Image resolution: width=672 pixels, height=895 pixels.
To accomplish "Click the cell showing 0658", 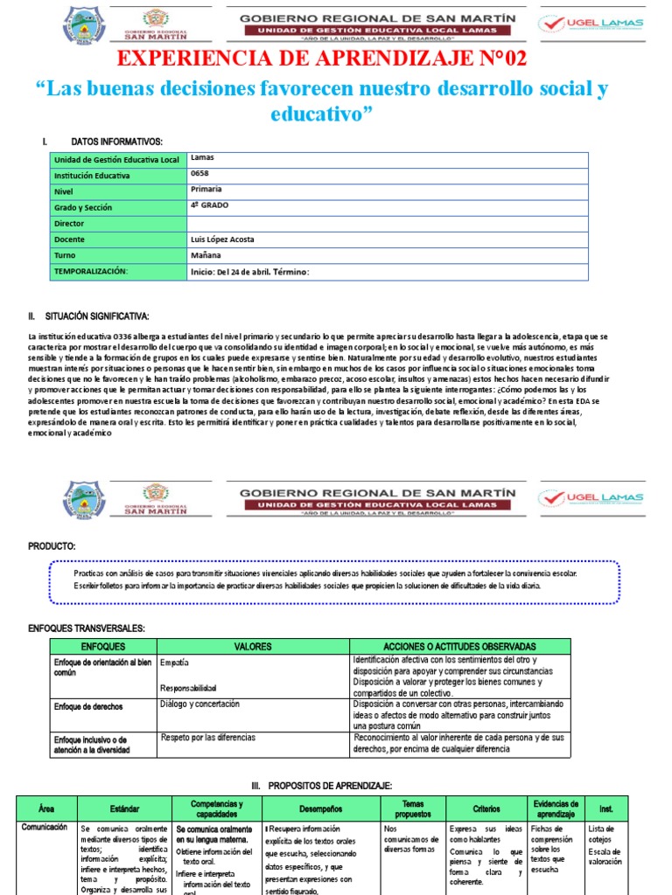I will [199, 173].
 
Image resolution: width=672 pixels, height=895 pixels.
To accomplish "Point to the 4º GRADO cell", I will [209, 205].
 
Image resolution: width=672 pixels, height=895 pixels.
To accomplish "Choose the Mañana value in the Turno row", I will [207, 255].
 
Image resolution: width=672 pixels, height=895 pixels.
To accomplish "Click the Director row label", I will [71, 223].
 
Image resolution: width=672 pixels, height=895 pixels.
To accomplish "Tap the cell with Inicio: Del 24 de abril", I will [249, 272].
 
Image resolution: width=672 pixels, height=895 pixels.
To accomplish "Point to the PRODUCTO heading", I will [52, 545].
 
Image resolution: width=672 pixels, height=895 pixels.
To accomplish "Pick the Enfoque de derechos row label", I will [88, 706].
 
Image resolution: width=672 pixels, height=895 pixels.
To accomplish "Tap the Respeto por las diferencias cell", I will [207, 738].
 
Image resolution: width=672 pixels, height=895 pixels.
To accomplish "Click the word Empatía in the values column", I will [175, 663].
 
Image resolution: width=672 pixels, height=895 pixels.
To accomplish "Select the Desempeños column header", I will [320, 809].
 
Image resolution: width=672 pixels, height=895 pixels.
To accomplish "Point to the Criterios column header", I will [486, 809].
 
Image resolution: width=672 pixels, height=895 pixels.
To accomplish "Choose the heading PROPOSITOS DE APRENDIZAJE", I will [336, 786].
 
